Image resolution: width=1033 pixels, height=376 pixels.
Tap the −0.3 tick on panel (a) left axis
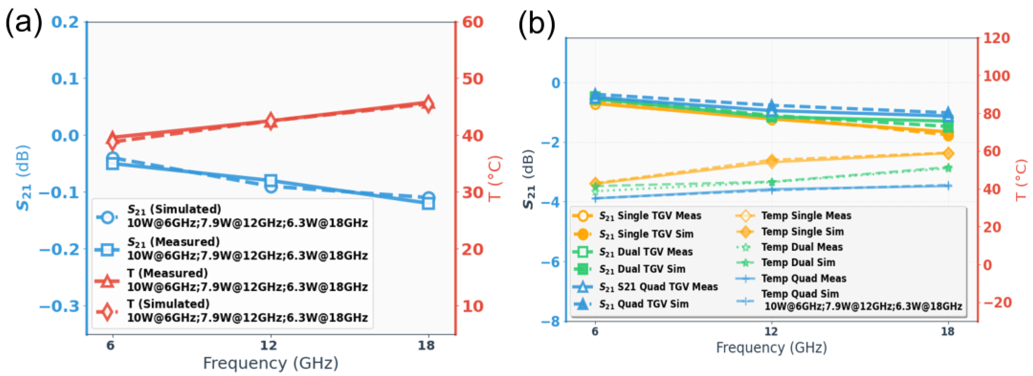click(x=59, y=306)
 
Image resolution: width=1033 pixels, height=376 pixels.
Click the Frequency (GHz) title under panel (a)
click(x=271, y=364)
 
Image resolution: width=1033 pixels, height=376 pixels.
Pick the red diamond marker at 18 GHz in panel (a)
click(x=428, y=104)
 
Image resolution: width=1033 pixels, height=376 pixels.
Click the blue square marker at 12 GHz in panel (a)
click(x=271, y=181)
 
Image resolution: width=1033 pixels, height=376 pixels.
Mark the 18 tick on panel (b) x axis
click(x=948, y=331)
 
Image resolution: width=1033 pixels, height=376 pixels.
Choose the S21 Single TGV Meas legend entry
click(x=637, y=216)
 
